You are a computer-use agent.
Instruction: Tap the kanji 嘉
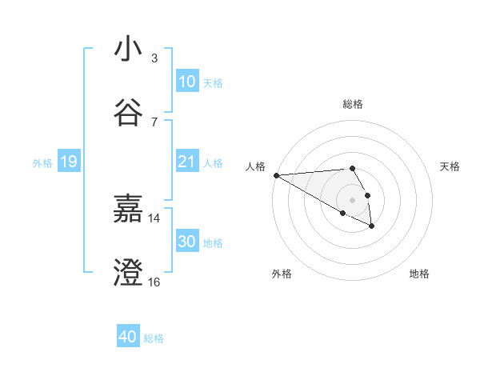(128, 210)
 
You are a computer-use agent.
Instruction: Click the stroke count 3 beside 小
(154, 58)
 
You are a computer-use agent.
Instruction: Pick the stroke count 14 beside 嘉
(154, 218)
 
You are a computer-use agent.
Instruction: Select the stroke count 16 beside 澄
(154, 282)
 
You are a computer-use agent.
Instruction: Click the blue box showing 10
(186, 82)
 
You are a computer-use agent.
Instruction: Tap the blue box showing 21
(186, 162)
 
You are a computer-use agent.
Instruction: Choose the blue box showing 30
(186, 242)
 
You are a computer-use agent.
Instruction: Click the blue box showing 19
(69, 162)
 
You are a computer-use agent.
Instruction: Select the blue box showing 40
(127, 337)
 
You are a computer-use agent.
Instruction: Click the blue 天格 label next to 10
(213, 83)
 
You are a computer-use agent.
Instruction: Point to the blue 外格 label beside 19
(42, 163)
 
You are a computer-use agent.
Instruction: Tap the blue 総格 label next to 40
(154, 338)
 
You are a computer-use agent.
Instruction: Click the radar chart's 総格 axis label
(353, 104)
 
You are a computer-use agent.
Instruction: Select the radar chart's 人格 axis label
(255, 166)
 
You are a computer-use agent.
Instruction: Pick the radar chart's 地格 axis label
(419, 274)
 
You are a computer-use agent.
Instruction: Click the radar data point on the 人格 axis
(276, 175)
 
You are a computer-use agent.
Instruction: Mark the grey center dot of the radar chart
(352, 199)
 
